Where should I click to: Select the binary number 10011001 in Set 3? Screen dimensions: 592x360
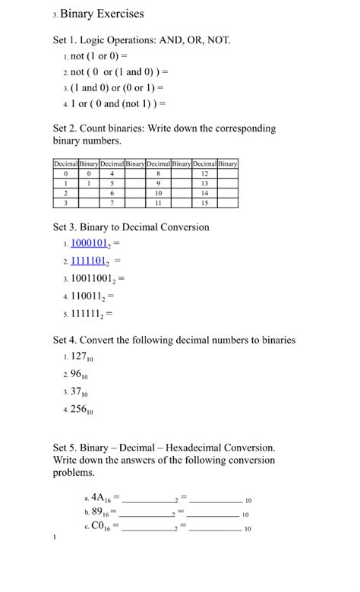[x=95, y=278]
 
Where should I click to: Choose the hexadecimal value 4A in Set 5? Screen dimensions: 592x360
[x=99, y=499]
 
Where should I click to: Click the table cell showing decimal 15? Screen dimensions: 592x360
[x=204, y=203]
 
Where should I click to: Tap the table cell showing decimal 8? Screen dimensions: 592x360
[x=157, y=173]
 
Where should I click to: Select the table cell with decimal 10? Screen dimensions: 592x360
[x=157, y=193]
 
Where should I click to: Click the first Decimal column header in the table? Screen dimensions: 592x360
[x=66, y=163]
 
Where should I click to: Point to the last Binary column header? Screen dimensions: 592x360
[x=227, y=163]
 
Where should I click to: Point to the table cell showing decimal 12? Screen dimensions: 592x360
[x=204, y=173]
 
